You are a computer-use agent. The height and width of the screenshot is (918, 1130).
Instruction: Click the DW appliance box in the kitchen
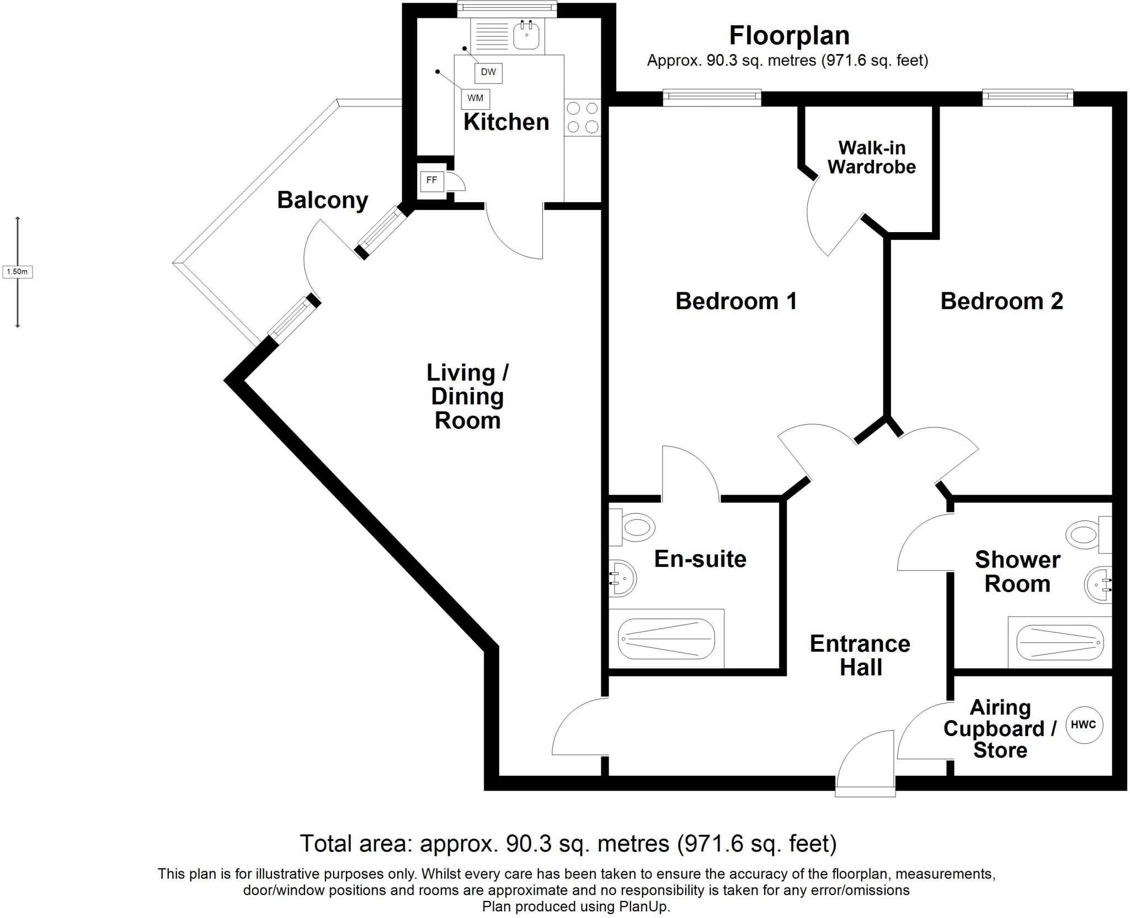[x=488, y=72]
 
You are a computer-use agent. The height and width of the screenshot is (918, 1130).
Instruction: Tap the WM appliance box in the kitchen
[x=475, y=98]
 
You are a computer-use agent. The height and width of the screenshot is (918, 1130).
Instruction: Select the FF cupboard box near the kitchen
[x=431, y=180]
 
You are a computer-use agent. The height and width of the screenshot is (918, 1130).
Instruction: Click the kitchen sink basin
[x=527, y=36]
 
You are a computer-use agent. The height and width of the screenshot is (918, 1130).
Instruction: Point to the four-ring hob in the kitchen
[x=583, y=117]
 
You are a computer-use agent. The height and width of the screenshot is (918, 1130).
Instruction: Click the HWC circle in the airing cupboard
[x=1083, y=724]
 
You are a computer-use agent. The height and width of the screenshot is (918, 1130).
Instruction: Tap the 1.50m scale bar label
[x=17, y=272]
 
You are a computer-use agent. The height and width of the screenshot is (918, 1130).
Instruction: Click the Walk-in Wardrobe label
[x=871, y=157]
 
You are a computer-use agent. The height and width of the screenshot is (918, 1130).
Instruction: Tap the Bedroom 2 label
[x=1001, y=301]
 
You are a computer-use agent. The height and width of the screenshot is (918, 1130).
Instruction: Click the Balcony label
[x=322, y=200]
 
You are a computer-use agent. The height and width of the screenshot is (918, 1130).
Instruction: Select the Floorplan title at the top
[x=789, y=36]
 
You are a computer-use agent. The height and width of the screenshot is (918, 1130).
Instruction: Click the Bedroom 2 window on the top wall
[x=1027, y=98]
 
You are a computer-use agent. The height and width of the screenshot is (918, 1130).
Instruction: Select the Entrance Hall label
[x=860, y=656]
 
